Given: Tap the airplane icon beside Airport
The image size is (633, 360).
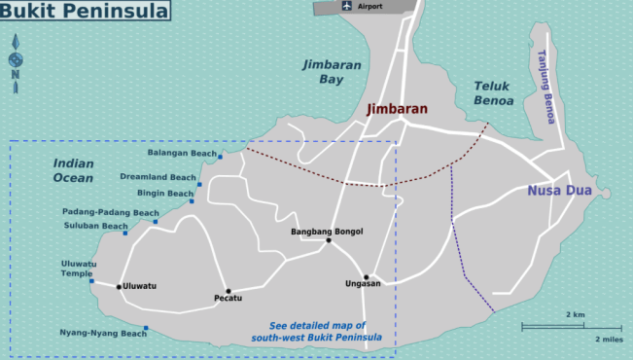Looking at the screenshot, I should coord(347,6).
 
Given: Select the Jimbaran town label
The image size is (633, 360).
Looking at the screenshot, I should coord(397,109).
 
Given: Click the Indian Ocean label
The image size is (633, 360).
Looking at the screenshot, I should coord(74,171).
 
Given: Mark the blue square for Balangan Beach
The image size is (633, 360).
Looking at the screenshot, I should coord(221,156).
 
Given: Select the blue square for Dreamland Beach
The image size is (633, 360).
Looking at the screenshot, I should coord(199,183).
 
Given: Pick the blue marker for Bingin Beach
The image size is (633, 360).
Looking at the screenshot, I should coord(192,201).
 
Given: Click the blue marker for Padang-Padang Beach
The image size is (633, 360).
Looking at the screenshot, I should coord(155,223).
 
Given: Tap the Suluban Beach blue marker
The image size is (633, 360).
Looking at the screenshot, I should coord(124,234).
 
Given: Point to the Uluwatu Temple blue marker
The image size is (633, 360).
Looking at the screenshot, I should coord(91,281).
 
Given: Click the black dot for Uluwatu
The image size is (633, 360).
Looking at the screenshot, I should coord(119,286).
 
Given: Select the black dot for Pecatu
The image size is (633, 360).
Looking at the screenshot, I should coord(229,291).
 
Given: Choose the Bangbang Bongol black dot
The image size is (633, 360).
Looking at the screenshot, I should coord(329,240).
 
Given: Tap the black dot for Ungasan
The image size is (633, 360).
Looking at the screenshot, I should coord(367,277).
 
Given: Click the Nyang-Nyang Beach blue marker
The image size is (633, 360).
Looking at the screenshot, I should coord(146,328).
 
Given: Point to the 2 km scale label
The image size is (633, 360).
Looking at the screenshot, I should coord(575,314).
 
